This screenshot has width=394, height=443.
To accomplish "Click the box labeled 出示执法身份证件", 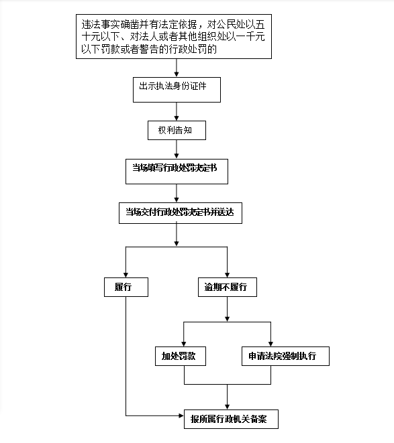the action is [177, 90].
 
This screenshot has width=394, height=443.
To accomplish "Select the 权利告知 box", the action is [177, 130].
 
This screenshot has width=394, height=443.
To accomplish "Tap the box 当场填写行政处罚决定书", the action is [177, 172].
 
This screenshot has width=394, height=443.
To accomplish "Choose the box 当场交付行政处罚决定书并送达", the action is [181, 213].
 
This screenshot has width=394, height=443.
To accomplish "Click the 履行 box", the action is [126, 287].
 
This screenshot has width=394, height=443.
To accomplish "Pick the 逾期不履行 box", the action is [228, 287].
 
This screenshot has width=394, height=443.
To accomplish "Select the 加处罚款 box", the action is [181, 356].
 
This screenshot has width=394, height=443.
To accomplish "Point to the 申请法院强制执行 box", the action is [285, 356].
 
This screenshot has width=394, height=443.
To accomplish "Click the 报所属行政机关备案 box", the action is [231, 419].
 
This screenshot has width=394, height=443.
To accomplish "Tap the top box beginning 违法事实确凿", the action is [174, 36].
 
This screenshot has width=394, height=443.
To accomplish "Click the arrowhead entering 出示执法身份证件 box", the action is [177, 74].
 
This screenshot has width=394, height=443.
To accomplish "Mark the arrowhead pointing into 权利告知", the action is [177, 118].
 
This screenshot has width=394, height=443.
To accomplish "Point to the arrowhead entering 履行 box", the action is [126, 275].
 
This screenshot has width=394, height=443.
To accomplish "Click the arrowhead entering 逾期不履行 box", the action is [228, 275].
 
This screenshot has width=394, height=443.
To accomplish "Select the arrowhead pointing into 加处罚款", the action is [184, 344].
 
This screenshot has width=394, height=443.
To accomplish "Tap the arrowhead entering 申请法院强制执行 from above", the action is [271, 344].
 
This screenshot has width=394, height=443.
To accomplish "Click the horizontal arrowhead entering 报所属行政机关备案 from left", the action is [181, 416].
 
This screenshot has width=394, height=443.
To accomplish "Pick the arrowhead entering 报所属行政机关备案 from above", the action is [228, 407].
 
